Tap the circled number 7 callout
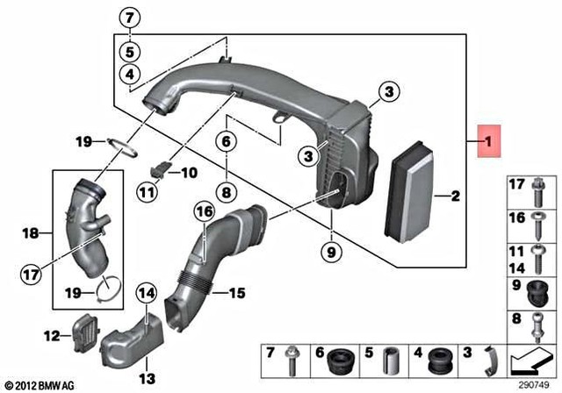coord(129,18)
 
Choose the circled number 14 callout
coord(145,292)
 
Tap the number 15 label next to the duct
coord(237,292)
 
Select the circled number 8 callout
coord(225,190)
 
